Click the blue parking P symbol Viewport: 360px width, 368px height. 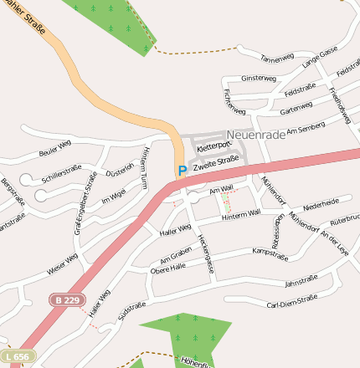point(182,171)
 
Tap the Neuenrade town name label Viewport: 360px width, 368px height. point(256,135)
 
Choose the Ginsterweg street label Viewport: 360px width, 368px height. point(258,78)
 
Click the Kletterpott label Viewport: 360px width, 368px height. point(212,146)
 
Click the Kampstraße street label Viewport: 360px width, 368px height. point(270,250)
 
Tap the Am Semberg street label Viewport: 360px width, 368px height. point(305,129)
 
